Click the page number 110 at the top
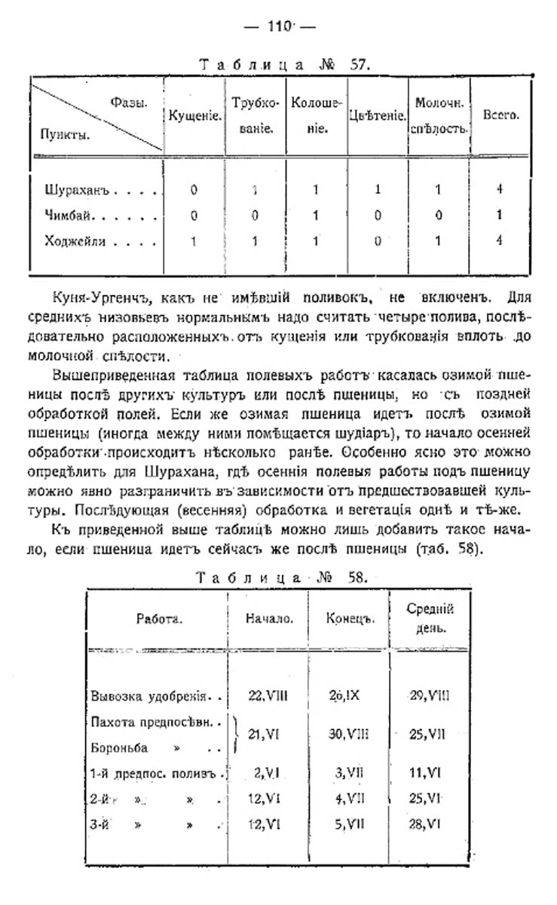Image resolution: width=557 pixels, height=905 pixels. pos(278,27)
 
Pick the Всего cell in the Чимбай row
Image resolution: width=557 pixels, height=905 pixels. pos(500,216)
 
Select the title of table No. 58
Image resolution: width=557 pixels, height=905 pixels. pos(283,578)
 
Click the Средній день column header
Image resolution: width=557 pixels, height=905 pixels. pos(430,618)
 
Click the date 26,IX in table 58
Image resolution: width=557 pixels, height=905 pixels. pos(346,695)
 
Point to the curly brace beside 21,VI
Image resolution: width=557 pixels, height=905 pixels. pos(236,733)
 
